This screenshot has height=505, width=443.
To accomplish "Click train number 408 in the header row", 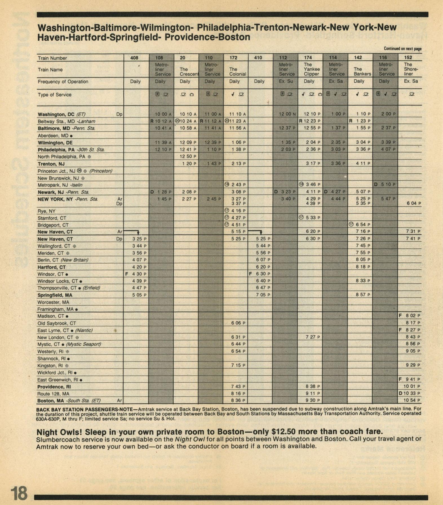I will point(134,58).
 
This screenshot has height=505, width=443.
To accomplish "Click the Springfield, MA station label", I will point(55,295).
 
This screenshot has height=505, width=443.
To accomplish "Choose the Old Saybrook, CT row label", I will point(57,323).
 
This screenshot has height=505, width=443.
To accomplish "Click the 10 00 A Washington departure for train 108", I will point(163,114).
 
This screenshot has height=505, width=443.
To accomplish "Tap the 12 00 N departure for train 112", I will point(287,114).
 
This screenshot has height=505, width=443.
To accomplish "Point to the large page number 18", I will point(19,493).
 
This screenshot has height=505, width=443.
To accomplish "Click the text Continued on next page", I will point(402,48).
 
